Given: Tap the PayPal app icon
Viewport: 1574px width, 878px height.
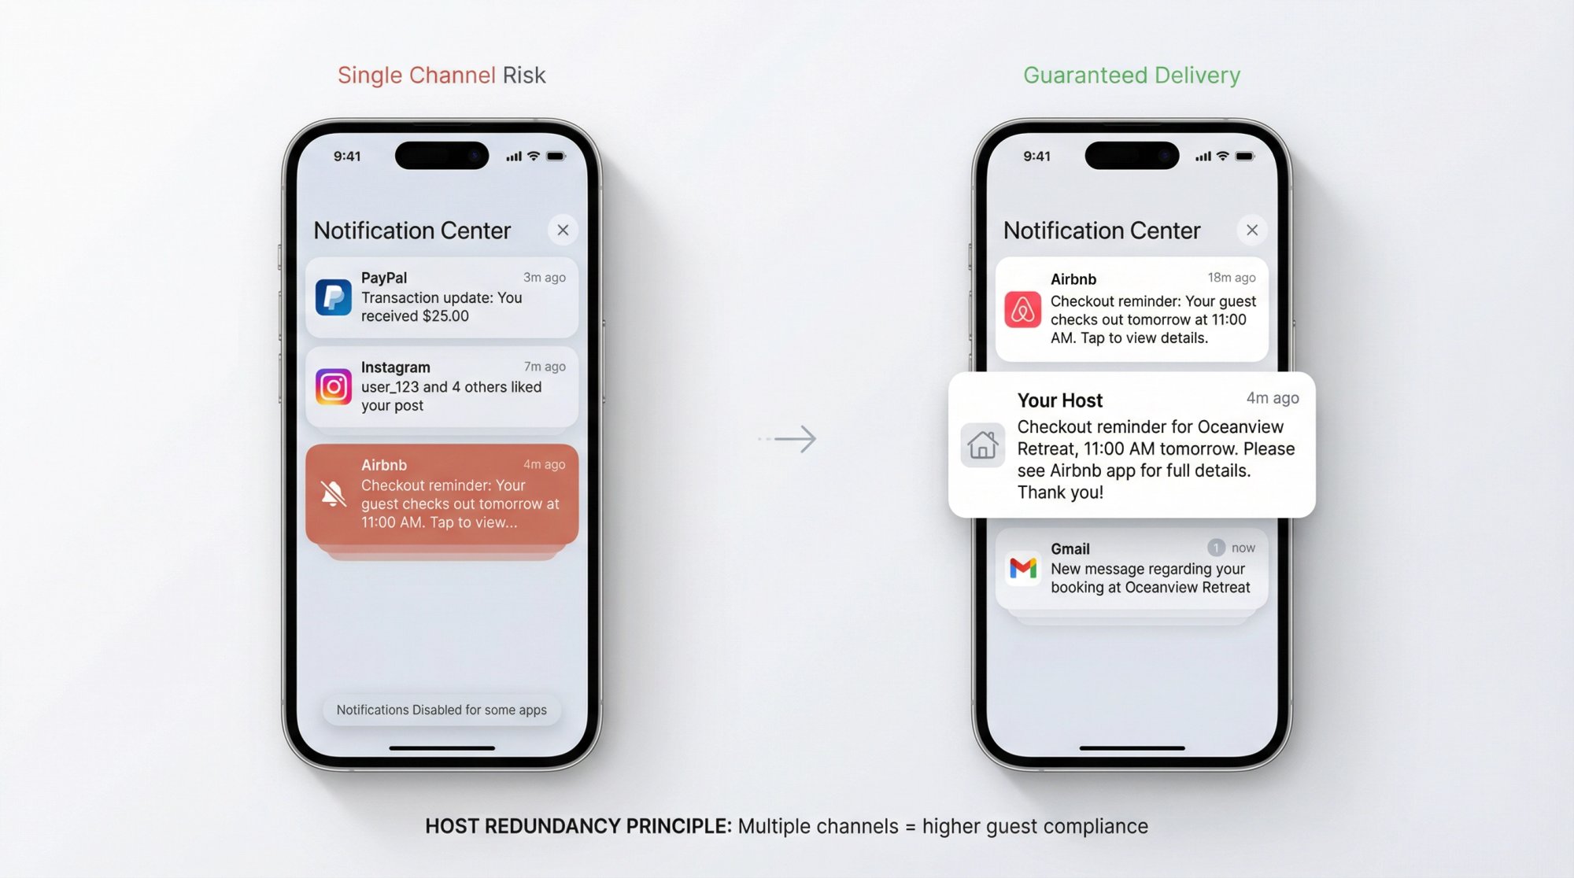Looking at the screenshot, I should click(x=333, y=297).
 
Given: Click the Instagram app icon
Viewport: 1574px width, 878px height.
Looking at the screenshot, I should click(x=333, y=386).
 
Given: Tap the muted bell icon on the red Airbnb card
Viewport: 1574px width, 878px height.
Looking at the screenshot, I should click(x=333, y=494).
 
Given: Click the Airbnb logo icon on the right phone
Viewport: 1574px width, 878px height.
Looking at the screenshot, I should click(x=1022, y=309).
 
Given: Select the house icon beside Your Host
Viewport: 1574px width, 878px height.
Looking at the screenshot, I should click(x=982, y=445).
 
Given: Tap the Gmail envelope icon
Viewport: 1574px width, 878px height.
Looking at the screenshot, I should click(x=1022, y=567).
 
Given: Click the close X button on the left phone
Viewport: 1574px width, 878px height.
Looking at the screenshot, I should click(x=563, y=231).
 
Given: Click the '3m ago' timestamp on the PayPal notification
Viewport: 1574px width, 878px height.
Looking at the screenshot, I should click(x=544, y=278).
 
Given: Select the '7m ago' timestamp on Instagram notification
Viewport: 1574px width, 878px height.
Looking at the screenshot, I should click(x=545, y=367).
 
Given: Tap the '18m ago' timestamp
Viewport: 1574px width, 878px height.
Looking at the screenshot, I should click(x=1231, y=278).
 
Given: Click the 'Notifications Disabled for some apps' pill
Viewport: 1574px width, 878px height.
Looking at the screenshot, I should click(x=442, y=710).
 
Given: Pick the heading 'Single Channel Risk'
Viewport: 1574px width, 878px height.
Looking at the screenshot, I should click(x=442, y=76).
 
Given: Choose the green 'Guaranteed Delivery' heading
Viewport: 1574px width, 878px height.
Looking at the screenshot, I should click(x=1131, y=76).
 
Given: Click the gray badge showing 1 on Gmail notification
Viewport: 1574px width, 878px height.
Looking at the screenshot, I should click(x=1216, y=548).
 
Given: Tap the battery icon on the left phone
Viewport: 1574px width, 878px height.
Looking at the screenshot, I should click(x=556, y=157).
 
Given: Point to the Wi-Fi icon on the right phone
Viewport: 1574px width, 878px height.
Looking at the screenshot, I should click(x=1222, y=156).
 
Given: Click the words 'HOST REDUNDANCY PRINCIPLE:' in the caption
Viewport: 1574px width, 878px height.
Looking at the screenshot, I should click(x=578, y=826).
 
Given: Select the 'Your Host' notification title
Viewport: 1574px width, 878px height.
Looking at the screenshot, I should click(x=1059, y=400).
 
